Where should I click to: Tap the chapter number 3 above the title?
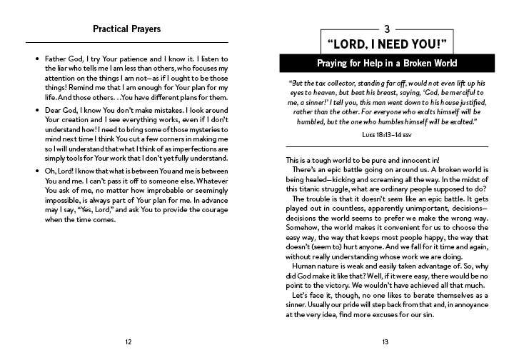pos(387,29)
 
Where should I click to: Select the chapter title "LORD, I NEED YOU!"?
pos(386,44)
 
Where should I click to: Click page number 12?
pos(127,341)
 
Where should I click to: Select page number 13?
pos(386,341)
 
